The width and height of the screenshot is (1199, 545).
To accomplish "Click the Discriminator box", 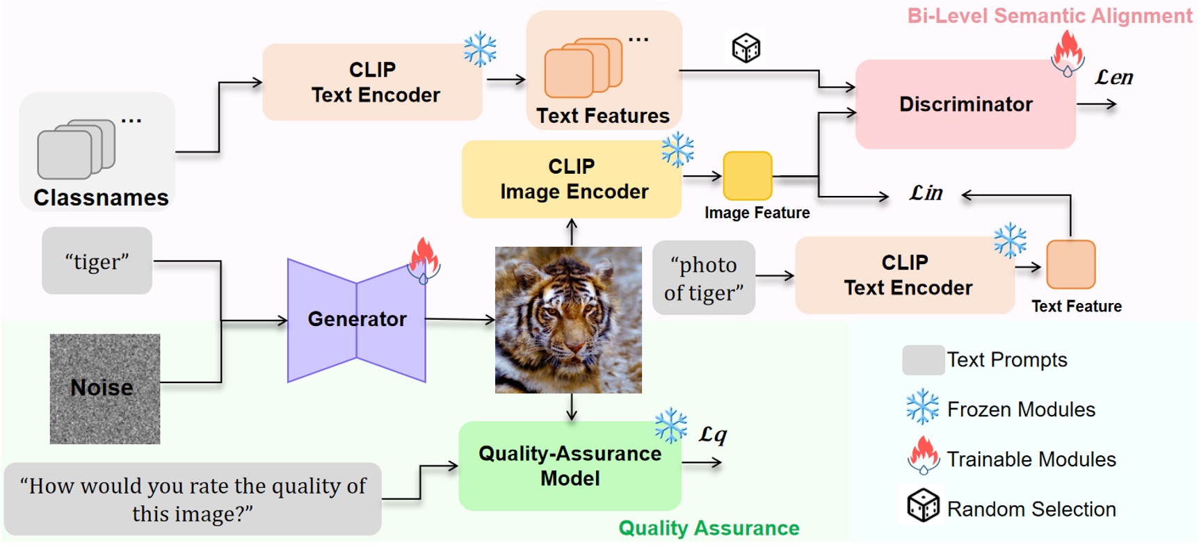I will pos(965,104).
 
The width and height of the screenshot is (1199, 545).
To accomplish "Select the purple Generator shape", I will pos(357,320).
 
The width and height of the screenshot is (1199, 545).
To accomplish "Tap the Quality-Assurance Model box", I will pos(570,466).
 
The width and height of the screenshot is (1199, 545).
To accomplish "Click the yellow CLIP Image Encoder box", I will pos(572,179).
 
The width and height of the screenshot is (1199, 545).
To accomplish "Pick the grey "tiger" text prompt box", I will pos(97,261).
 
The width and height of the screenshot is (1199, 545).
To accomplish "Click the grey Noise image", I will pos(105,389).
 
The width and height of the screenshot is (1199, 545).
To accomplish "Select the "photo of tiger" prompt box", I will pos(704,278).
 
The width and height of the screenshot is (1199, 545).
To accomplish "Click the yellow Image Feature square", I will pos(748,176).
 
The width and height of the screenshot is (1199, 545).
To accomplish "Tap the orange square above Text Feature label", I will pos(1070,265).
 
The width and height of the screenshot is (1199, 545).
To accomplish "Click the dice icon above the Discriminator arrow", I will pos(746,48).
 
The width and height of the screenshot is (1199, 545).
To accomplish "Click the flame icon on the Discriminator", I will pos(1068,54).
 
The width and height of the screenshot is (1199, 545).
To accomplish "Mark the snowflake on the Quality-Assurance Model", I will pos(670,425).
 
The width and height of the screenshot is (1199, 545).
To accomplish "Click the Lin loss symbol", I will pos(926,193).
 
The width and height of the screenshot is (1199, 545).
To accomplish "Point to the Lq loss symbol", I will pos(713,435).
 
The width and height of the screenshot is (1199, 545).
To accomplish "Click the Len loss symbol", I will pos(1113,77).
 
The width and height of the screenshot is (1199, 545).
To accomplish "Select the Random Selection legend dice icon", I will pos(923,505).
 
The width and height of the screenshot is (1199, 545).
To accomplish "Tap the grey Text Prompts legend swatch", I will pos(923,360).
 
